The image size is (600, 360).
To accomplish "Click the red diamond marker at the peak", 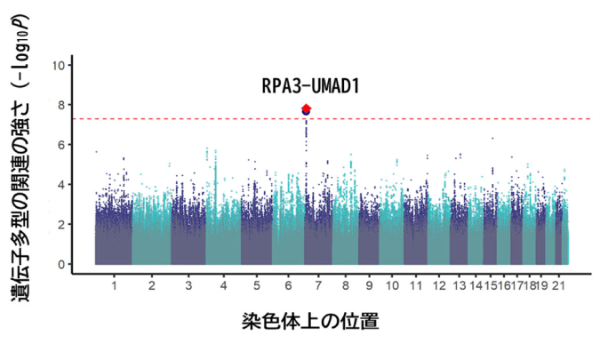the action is click(x=306, y=108).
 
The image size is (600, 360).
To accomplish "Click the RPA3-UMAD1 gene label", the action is click(x=310, y=86).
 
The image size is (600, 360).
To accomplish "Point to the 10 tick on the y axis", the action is click(x=59, y=66).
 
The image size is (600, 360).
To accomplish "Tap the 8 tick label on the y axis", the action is click(x=61, y=105).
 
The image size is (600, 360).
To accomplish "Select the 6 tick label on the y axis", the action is click(x=61, y=145).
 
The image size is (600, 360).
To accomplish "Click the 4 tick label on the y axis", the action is click(x=61, y=185).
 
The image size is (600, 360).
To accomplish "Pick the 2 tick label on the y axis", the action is click(x=61, y=225).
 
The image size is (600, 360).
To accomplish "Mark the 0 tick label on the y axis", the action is click(x=61, y=264).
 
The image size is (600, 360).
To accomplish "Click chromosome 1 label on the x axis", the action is click(x=114, y=286).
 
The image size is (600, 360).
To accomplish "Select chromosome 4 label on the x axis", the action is click(x=223, y=286).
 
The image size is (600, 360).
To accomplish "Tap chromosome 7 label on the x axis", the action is click(x=318, y=286).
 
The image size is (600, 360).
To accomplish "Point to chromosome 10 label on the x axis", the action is click(x=392, y=286).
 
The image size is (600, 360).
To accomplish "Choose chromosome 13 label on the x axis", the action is click(x=460, y=286).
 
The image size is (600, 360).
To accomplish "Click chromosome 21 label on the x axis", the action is click(x=558, y=286).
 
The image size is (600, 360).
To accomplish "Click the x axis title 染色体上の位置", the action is click(x=310, y=322).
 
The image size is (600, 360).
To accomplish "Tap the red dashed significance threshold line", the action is click(x=332, y=119).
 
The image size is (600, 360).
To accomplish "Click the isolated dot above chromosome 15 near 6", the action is click(x=492, y=139).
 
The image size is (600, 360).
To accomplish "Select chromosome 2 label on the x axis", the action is click(x=151, y=286).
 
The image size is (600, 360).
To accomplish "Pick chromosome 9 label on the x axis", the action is click(x=369, y=286).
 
